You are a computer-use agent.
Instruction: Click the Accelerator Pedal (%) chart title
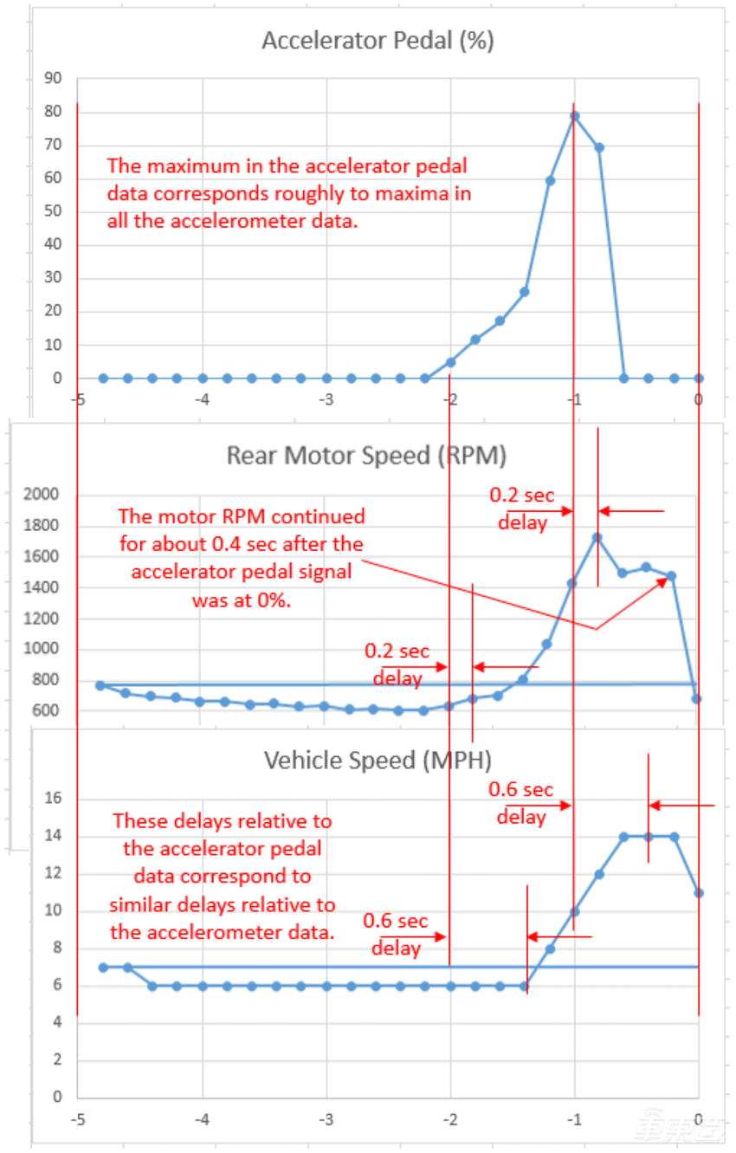pyautogui.click(x=378, y=41)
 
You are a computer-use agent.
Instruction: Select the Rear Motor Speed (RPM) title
pyautogui.click(x=366, y=456)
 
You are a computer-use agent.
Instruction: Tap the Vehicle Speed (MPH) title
pyautogui.click(x=378, y=761)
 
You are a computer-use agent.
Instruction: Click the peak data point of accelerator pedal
pyautogui.click(x=573, y=115)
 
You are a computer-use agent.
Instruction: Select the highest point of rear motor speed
pyautogui.click(x=597, y=537)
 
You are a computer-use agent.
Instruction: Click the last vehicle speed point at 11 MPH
pyautogui.click(x=699, y=892)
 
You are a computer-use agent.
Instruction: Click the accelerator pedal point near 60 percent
pyautogui.click(x=549, y=180)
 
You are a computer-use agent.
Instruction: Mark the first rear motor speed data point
pyautogui.click(x=100, y=685)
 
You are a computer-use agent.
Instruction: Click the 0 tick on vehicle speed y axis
pyautogui.click(x=58, y=1097)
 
